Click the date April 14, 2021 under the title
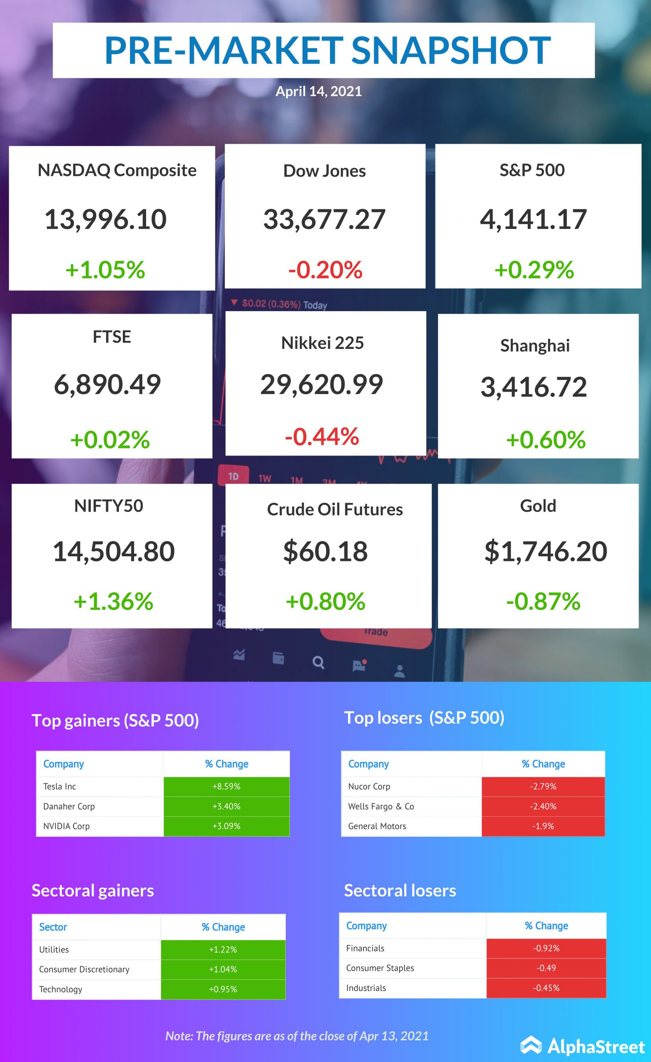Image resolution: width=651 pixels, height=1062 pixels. coord(319,91)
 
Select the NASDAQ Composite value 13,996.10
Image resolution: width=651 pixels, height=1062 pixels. coord(106,219)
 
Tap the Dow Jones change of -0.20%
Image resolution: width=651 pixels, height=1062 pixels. coord(325,270)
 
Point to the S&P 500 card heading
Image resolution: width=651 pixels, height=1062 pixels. coord(532,170)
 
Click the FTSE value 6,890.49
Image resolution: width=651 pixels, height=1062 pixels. coord(107,384)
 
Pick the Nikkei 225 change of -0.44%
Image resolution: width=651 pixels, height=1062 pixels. coord(322,436)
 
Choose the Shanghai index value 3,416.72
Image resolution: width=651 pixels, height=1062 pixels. coord(534,387)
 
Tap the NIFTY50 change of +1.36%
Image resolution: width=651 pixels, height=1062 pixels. coord(113,601)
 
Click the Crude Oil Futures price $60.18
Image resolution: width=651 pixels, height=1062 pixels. coord(325,551)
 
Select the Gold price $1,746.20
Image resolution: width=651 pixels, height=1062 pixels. coord(546,551)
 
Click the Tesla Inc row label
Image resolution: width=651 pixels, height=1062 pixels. coord(59,787)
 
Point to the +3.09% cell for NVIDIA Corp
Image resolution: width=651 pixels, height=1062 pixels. coord(227,826)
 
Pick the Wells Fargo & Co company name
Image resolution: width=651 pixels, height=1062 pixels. coord(381,806)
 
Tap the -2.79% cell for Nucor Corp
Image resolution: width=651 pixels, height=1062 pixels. coord(543,787)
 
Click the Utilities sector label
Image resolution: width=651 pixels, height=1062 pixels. coord(54,950)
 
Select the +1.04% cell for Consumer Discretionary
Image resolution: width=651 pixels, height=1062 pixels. coord(223,969)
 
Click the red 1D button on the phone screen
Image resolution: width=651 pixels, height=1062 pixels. coord(233,476)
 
